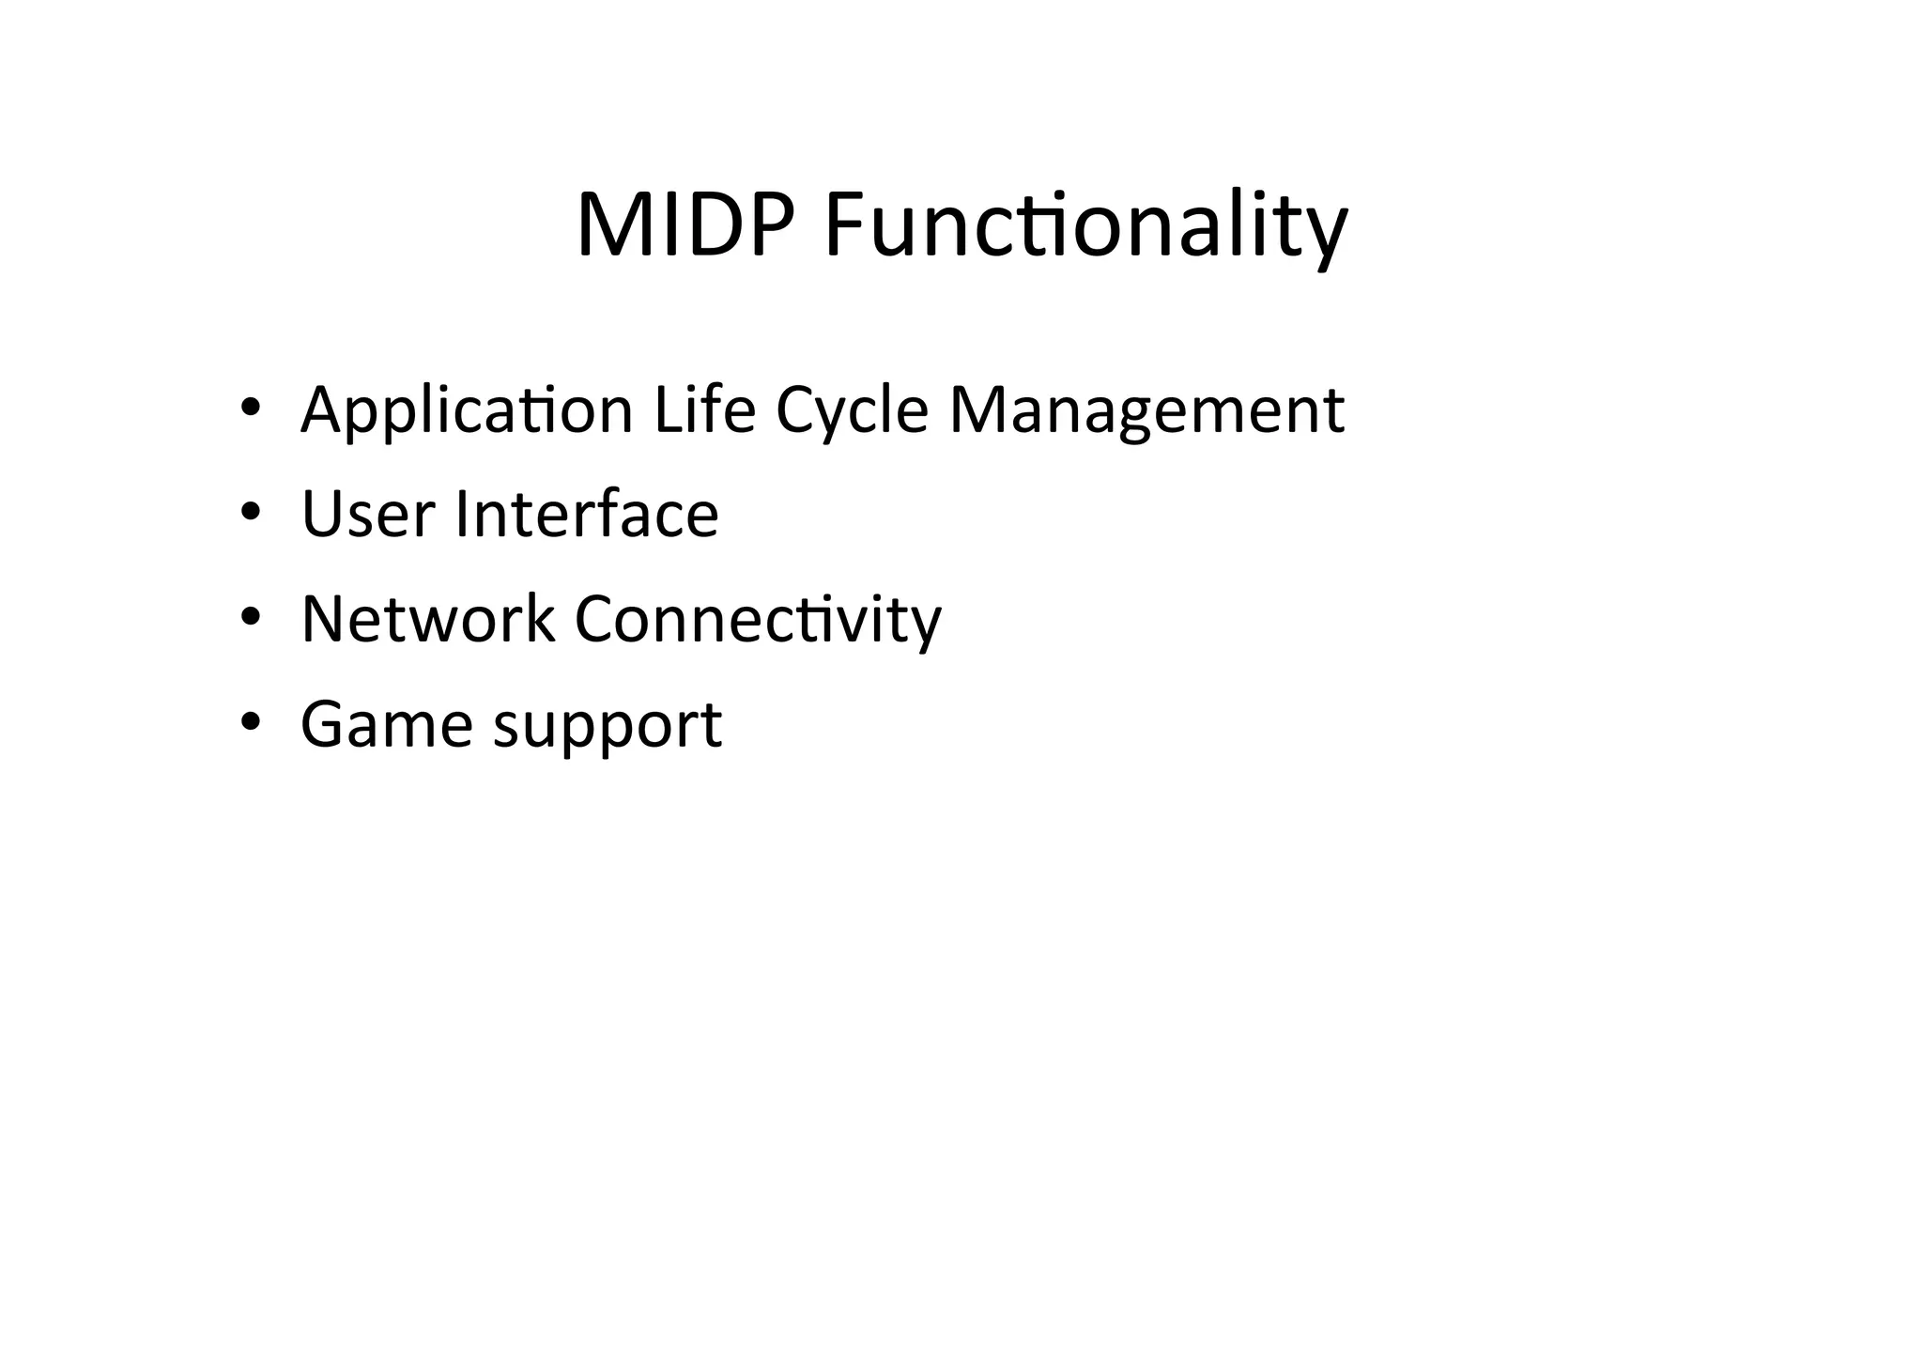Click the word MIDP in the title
click(685, 225)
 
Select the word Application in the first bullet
click(467, 410)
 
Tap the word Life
click(704, 410)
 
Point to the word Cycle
click(852, 410)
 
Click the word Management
click(1146, 410)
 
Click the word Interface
click(587, 515)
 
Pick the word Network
click(427, 619)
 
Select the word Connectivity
click(757, 619)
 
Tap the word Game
click(387, 724)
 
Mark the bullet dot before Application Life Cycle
click(250, 409)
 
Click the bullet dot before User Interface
click(250, 513)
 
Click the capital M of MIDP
click(613, 225)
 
